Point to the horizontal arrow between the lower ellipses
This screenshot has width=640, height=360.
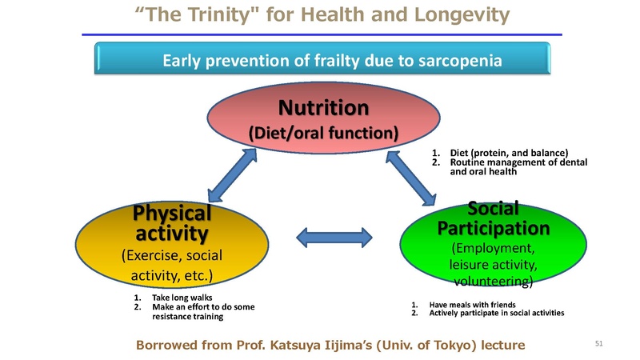(x=334, y=236)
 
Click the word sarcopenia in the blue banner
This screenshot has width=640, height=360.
(x=458, y=60)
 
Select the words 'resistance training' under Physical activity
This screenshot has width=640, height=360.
(x=187, y=317)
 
